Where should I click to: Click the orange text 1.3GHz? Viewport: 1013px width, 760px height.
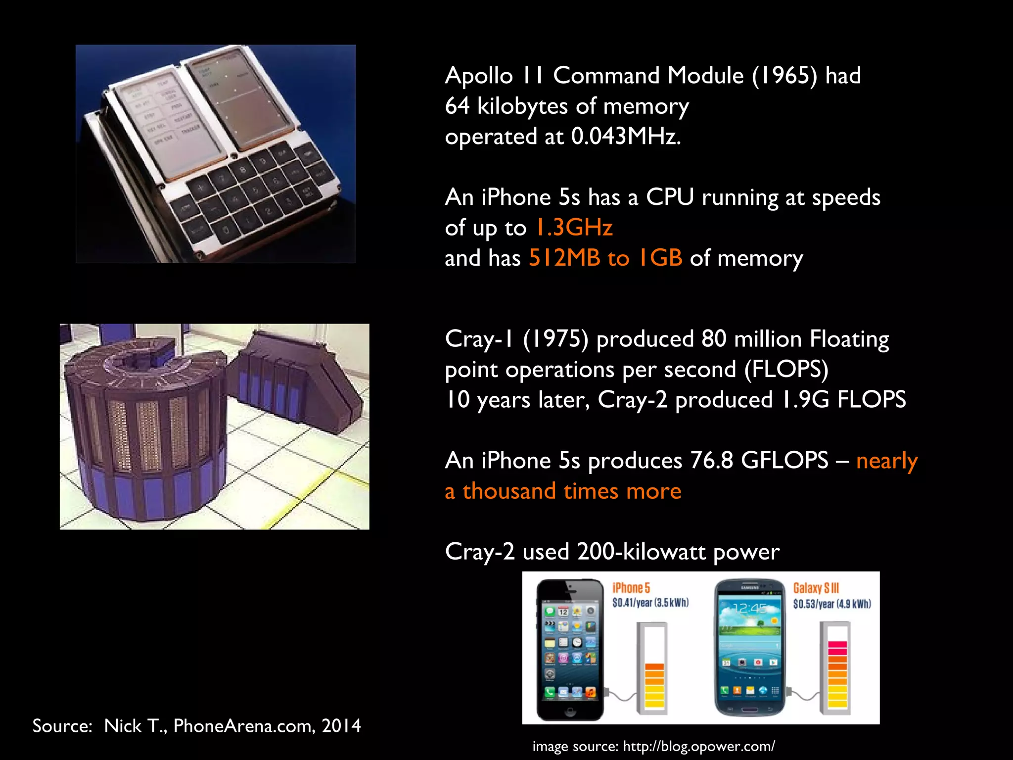point(574,228)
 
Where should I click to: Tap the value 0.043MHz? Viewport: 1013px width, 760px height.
point(626,137)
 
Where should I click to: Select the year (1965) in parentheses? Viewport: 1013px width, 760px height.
point(784,76)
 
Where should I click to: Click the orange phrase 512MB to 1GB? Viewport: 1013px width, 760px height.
point(605,258)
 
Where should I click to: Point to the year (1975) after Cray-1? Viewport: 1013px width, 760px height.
point(555,340)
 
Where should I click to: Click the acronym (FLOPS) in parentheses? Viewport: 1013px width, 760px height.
point(786,370)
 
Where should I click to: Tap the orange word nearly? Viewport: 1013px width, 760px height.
point(886,461)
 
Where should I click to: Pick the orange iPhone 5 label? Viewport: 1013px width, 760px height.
point(631,588)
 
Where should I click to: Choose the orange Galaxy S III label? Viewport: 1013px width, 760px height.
point(816,588)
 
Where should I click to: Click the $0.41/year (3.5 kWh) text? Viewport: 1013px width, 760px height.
point(650,603)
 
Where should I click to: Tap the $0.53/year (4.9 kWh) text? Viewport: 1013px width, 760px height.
point(832,604)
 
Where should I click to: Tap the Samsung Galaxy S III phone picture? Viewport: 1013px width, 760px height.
point(750,648)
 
